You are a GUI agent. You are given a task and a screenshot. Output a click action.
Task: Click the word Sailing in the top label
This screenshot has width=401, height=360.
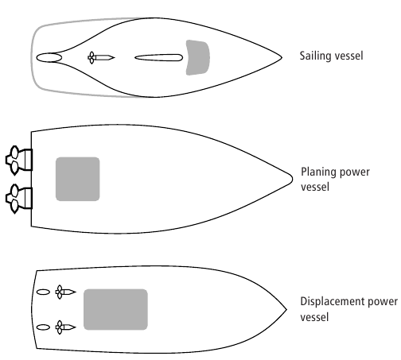tap(315, 56)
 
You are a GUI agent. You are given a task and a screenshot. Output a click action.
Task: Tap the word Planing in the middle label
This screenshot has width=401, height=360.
tap(318, 172)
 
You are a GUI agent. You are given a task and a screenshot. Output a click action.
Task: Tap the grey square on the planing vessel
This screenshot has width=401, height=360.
tap(78, 179)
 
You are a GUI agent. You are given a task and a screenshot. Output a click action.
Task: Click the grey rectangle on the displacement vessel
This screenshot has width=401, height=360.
tap(115, 309)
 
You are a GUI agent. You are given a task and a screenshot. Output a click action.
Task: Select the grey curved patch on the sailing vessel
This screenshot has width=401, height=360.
tap(198, 58)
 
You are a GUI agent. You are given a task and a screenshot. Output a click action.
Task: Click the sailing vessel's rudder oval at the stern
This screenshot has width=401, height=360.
tap(49, 58)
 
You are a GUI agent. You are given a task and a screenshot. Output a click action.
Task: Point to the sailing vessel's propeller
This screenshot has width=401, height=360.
tap(91, 58)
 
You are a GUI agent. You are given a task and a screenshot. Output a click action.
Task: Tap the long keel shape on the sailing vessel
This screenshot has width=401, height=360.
tap(159, 58)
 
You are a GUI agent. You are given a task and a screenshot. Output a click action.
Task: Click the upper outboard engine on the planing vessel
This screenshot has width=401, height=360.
tap(19, 160)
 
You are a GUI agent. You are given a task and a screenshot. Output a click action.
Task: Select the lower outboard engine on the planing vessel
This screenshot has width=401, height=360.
tap(19, 199)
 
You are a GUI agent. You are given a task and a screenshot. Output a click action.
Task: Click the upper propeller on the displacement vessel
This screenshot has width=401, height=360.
tap(60, 292)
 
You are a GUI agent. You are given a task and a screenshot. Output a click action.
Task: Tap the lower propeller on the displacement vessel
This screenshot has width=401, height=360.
tap(60, 327)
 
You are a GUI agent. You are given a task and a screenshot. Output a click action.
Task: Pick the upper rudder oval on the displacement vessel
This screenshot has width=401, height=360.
tap(43, 292)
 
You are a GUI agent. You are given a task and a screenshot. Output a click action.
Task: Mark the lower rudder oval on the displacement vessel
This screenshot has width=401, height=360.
tap(43, 327)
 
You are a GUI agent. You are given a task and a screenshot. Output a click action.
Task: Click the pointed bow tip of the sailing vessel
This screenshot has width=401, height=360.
tap(282, 57)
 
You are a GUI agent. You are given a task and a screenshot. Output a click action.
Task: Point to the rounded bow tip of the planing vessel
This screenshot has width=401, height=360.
tap(292, 179)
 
